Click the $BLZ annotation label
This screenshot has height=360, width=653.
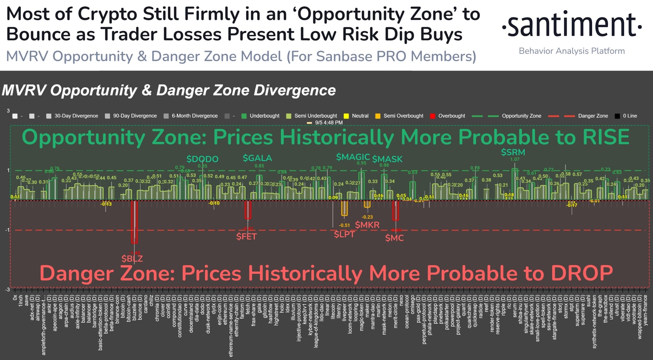tap(132, 258)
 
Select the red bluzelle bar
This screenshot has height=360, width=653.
tap(134, 221)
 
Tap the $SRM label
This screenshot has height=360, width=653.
tap(513, 152)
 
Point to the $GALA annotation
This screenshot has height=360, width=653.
tap(257, 158)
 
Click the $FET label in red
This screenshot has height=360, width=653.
tap(247, 236)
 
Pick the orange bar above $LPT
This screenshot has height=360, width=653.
tap(344, 208)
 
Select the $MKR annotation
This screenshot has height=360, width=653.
tap(367, 225)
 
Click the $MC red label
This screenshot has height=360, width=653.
tap(394, 238)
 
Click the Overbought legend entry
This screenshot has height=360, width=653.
tap(451, 116)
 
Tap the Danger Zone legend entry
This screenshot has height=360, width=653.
tap(593, 116)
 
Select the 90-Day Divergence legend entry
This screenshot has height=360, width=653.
tap(134, 116)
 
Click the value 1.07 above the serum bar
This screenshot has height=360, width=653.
tap(514, 160)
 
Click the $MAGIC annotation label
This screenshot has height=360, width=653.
tap(353, 157)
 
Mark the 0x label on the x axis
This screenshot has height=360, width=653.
tap(15, 298)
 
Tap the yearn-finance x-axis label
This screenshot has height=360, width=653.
tap(645, 310)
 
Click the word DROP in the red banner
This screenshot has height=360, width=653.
tap(582, 273)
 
